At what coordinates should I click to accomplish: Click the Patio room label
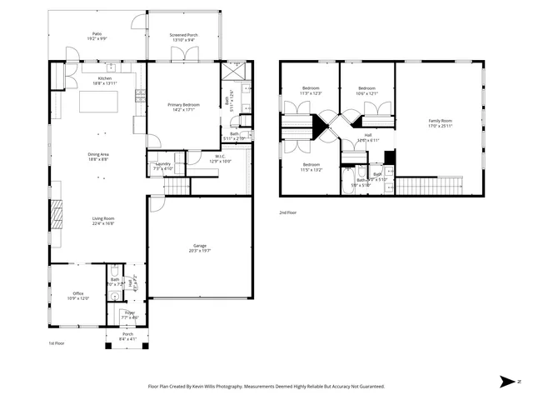(x=97, y=34)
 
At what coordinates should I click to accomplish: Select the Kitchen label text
(x=105, y=78)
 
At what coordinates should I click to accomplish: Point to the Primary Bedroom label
(x=183, y=104)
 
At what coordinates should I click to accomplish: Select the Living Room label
(x=103, y=219)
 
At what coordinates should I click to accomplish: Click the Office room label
(x=77, y=293)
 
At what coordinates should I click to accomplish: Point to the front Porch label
(x=128, y=334)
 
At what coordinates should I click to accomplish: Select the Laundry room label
(x=163, y=164)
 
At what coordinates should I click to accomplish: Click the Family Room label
(x=440, y=121)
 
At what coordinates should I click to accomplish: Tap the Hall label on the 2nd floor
(x=367, y=135)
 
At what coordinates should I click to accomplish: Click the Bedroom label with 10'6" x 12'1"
(x=368, y=88)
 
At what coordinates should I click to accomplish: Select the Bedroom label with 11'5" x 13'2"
(x=311, y=164)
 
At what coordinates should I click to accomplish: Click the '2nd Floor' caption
(x=288, y=213)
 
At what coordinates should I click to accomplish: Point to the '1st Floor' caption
(x=56, y=342)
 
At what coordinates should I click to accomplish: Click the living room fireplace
(x=56, y=217)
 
